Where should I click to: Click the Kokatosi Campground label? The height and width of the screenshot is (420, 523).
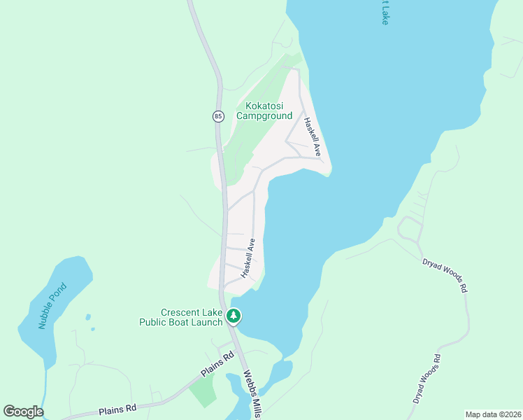(264, 111)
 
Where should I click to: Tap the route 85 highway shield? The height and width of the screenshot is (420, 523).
(218, 115)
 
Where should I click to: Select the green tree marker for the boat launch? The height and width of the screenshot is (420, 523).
(234, 317)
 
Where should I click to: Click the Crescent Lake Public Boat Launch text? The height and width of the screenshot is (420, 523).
(191, 317)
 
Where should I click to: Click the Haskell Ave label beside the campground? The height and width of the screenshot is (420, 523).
(311, 136)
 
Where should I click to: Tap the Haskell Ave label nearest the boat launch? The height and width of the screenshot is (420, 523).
(248, 258)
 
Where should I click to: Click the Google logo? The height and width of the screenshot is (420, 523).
(23, 412)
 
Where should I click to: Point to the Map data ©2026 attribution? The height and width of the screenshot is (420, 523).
(493, 414)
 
